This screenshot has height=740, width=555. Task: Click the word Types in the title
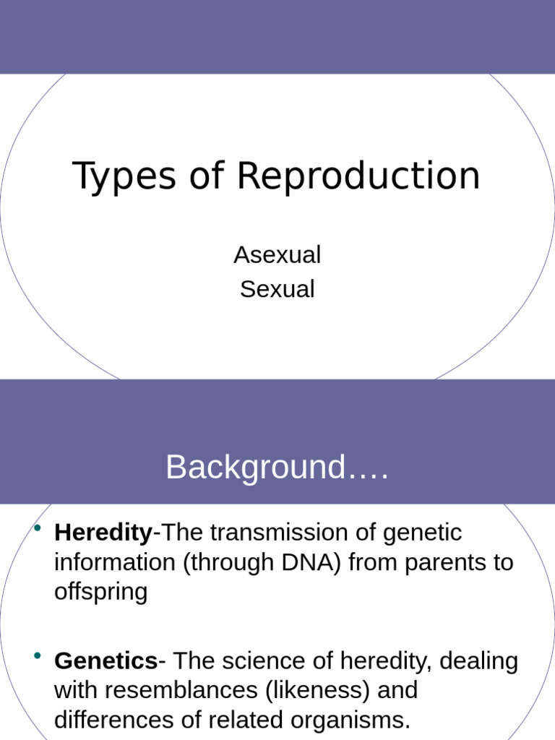(x=124, y=177)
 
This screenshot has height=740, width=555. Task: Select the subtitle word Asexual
(x=277, y=255)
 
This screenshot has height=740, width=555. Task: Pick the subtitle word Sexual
(x=277, y=289)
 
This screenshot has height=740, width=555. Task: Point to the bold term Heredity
(x=103, y=533)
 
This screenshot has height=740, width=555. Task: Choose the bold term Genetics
(x=106, y=661)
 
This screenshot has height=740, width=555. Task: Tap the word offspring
(x=100, y=592)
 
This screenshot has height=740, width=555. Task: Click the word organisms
(x=346, y=720)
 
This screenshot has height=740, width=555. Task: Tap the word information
(x=115, y=562)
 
